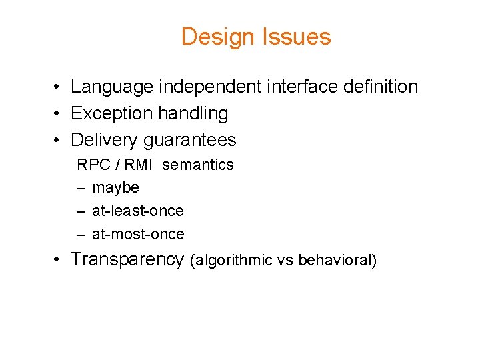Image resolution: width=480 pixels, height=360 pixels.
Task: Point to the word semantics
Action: point(198,165)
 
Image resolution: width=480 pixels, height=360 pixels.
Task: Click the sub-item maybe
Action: point(115,188)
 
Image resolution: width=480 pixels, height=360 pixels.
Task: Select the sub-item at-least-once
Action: point(137,211)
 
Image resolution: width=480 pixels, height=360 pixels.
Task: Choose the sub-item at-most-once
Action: point(138,235)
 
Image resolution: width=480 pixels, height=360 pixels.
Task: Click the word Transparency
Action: point(127,259)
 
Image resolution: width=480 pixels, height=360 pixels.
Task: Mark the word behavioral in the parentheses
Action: point(335,261)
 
